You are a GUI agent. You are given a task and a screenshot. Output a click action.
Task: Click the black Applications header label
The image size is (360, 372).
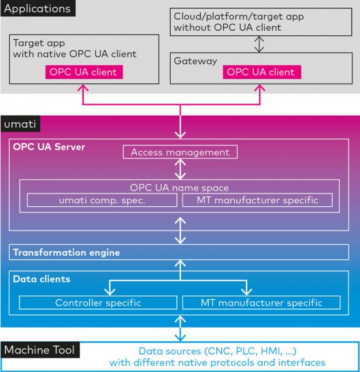point(38,9)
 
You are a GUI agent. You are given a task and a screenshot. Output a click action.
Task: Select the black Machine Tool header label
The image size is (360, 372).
point(39,350)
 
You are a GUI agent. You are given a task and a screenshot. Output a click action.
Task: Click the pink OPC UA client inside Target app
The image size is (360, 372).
point(83,72)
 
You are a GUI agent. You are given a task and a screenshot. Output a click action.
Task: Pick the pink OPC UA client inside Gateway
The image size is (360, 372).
point(260,72)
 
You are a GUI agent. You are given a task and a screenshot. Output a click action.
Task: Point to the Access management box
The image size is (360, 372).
point(180,152)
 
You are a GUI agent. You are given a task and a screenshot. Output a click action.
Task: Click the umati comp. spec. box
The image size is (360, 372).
point(102,200)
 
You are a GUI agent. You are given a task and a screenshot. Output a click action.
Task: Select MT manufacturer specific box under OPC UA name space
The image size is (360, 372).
point(257,200)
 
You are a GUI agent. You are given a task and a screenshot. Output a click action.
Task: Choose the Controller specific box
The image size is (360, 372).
point(98,303)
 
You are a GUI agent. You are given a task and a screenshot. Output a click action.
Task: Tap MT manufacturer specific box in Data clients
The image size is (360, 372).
point(261,303)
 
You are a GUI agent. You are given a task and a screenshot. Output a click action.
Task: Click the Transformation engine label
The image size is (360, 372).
point(66,252)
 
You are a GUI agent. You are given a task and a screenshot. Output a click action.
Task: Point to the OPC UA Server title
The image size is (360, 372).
point(49,147)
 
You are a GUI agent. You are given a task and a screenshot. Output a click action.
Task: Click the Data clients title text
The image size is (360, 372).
point(42,279)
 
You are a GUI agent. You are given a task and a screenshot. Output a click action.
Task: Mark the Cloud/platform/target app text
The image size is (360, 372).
point(238,16)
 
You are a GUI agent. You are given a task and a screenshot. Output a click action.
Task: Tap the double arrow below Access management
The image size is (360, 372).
point(181,169)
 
